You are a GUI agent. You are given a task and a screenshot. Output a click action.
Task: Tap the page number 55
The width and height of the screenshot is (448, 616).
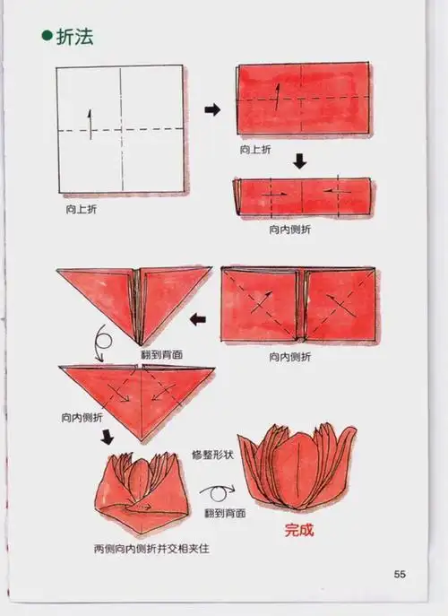(x=401, y=574)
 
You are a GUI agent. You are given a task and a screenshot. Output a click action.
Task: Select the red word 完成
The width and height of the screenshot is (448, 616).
(x=299, y=530)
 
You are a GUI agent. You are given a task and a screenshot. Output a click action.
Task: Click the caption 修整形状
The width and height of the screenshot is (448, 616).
(x=213, y=456)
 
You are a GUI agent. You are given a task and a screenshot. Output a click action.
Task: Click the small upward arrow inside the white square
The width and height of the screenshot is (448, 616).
(x=90, y=122)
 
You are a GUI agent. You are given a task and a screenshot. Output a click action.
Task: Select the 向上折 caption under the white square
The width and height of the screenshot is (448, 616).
(x=82, y=208)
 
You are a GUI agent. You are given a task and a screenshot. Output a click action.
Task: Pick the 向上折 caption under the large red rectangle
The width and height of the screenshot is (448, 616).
(x=256, y=150)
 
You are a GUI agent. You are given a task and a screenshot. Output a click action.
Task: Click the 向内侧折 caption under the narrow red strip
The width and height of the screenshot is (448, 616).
(x=291, y=229)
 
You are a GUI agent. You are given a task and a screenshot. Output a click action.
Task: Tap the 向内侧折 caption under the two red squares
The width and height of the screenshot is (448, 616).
(x=291, y=356)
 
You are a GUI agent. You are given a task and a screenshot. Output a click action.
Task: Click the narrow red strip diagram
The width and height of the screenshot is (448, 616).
(x=301, y=197)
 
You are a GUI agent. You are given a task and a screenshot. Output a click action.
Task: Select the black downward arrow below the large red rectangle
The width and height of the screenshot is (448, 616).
(x=300, y=163)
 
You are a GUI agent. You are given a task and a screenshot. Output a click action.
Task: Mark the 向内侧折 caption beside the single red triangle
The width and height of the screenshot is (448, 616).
(x=83, y=418)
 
